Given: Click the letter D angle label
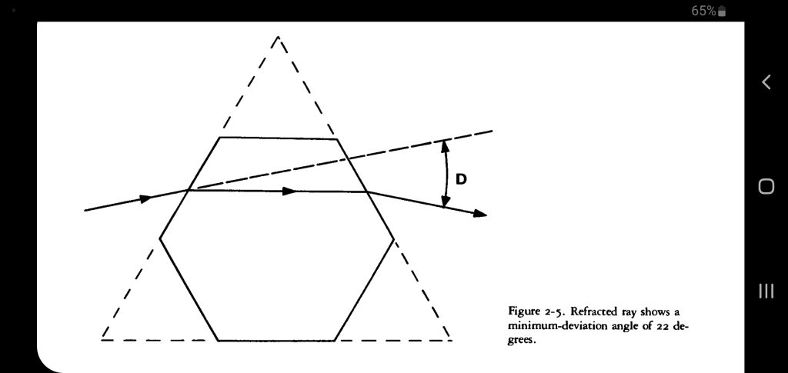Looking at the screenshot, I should point(461,179).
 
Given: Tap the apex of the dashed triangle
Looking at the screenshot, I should point(278,36).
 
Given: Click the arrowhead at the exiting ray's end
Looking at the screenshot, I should point(480,213).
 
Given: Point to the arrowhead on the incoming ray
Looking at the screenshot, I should point(145,198).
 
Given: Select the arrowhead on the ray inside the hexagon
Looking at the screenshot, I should point(289,191).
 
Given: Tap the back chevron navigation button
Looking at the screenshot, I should point(766,82).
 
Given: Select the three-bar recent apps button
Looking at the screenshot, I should point(766,290).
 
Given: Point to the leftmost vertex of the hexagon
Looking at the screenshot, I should point(160,238).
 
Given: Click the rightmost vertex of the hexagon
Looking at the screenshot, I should point(394,239).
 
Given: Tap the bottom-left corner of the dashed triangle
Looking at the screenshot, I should point(102,339).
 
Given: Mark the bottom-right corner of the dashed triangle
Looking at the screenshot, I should point(452,339).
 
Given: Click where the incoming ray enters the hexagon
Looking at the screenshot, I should point(189,189).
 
